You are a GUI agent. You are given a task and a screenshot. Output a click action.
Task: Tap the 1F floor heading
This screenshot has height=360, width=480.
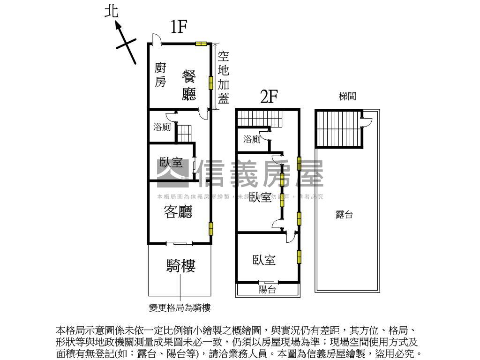tap(178, 27)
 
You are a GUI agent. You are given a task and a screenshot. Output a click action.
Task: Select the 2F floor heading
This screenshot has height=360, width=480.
tap(269, 97)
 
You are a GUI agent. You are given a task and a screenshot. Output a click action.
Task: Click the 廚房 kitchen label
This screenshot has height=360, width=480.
tap(161, 75)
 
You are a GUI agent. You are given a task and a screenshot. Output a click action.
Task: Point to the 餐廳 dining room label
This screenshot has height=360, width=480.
tap(189, 85)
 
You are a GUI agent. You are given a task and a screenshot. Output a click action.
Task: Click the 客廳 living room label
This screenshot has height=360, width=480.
tap(178, 212)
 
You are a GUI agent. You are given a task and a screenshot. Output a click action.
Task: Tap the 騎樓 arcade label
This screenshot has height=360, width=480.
tap(180, 266)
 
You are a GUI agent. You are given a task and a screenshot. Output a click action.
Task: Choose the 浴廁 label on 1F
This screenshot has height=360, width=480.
tap(162, 127)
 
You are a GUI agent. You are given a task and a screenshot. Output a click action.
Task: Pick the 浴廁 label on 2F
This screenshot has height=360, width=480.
tap(252, 139)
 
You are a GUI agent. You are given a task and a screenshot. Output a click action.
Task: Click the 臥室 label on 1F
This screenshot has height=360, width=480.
tap(171, 163)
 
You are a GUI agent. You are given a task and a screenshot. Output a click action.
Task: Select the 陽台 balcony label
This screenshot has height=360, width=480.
tap(267, 290)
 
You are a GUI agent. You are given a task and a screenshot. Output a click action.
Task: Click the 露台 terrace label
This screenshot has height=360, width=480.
tap(344, 215)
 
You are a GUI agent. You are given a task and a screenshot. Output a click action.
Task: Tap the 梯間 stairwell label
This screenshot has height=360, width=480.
tap(347, 97)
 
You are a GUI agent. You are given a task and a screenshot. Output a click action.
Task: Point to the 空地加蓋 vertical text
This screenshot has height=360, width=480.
tap(224, 77)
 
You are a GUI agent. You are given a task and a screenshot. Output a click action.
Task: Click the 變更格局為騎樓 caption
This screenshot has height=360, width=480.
tap(180, 307)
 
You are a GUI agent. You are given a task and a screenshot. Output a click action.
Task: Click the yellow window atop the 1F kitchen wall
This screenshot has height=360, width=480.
tap(201, 44)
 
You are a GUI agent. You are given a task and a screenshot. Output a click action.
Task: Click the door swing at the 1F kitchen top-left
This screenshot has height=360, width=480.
tap(157, 39)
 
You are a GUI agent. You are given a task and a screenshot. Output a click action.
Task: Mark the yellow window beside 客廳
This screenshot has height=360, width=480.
tap(211, 228)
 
